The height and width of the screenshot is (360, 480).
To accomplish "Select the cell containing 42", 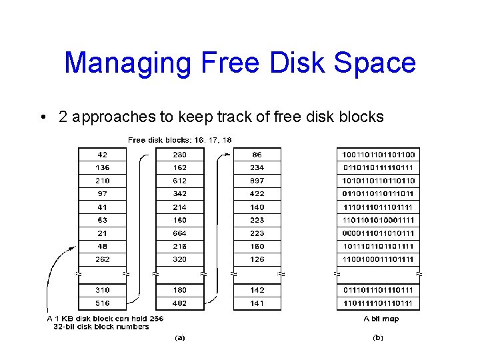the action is point(102,155).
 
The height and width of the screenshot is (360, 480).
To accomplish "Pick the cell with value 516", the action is point(102,303).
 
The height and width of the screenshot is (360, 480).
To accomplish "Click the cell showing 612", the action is point(179,181).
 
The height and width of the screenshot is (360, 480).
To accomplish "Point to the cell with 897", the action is point(257,181).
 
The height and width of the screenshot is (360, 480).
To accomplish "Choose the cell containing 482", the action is point(179,303).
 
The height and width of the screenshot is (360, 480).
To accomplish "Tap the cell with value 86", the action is point(257,155).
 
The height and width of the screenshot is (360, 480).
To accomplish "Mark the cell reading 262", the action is point(102,259).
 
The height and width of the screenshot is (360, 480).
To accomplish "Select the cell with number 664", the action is point(179,233).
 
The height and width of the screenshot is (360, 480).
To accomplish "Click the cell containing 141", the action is point(257,303).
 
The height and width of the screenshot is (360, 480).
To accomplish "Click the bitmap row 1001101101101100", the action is point(378,155).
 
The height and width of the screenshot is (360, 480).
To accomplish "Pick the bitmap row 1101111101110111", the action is point(378,303).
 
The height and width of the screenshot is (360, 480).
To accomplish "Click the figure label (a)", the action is point(179,338).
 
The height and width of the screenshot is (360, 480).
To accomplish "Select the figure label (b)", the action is point(377,338).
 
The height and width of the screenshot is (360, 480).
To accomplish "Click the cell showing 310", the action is point(102,290).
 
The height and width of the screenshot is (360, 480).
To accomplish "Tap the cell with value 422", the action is point(257,194).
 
